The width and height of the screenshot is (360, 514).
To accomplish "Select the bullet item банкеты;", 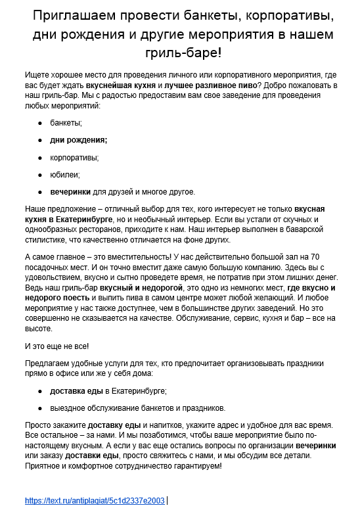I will tap(66, 123).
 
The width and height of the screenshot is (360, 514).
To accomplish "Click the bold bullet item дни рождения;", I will tap(79, 140).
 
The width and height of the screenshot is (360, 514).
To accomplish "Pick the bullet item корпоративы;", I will tap(75, 157).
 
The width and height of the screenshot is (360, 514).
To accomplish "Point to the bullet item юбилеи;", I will tap(65, 174).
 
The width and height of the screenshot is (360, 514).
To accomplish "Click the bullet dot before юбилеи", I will tap(40, 175).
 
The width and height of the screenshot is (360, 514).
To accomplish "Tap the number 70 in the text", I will tap(314, 255).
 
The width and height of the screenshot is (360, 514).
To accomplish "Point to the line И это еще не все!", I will tap(56, 345).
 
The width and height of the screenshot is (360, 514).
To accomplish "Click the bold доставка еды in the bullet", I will tap(76, 390).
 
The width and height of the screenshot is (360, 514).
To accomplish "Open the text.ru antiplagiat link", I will tap(95, 500).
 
